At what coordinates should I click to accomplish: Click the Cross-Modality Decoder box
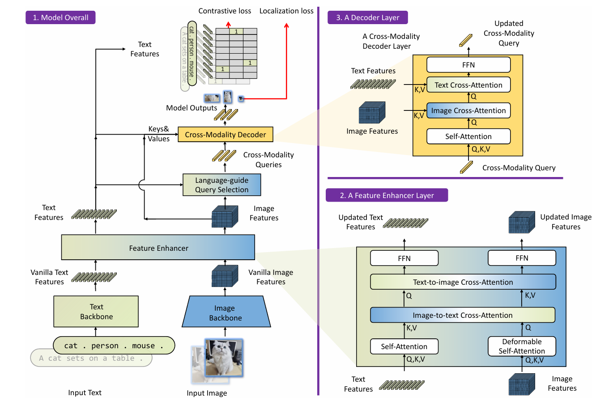(225, 135)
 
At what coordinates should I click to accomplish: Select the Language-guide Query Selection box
(221, 185)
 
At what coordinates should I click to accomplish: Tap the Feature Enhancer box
(158, 248)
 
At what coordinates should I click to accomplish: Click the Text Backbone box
(96, 312)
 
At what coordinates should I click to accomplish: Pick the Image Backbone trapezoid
(226, 313)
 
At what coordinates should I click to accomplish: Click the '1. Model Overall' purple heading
(60, 18)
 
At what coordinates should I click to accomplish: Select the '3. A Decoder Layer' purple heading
(368, 17)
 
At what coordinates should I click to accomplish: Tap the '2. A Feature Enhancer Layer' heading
(387, 195)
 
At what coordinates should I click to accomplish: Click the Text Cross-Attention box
(468, 85)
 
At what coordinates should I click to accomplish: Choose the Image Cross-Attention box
(468, 110)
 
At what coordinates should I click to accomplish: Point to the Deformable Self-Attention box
(521, 346)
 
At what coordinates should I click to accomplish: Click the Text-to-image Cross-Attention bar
(463, 282)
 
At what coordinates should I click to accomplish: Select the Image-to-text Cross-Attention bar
(462, 315)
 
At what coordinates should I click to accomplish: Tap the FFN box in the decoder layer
(468, 65)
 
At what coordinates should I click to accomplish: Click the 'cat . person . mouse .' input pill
(114, 346)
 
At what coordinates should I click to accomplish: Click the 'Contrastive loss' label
(225, 11)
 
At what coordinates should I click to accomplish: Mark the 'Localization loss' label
(286, 11)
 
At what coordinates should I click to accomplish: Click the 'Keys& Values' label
(159, 134)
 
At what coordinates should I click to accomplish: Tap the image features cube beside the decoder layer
(372, 113)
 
